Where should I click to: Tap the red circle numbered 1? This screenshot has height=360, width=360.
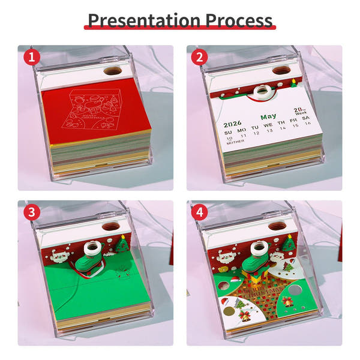(32, 58)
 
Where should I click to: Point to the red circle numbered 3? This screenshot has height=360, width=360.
(32, 213)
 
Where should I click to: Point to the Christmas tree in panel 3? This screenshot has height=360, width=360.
(122, 244)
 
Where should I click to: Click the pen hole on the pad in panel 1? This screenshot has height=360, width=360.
(112, 70)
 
